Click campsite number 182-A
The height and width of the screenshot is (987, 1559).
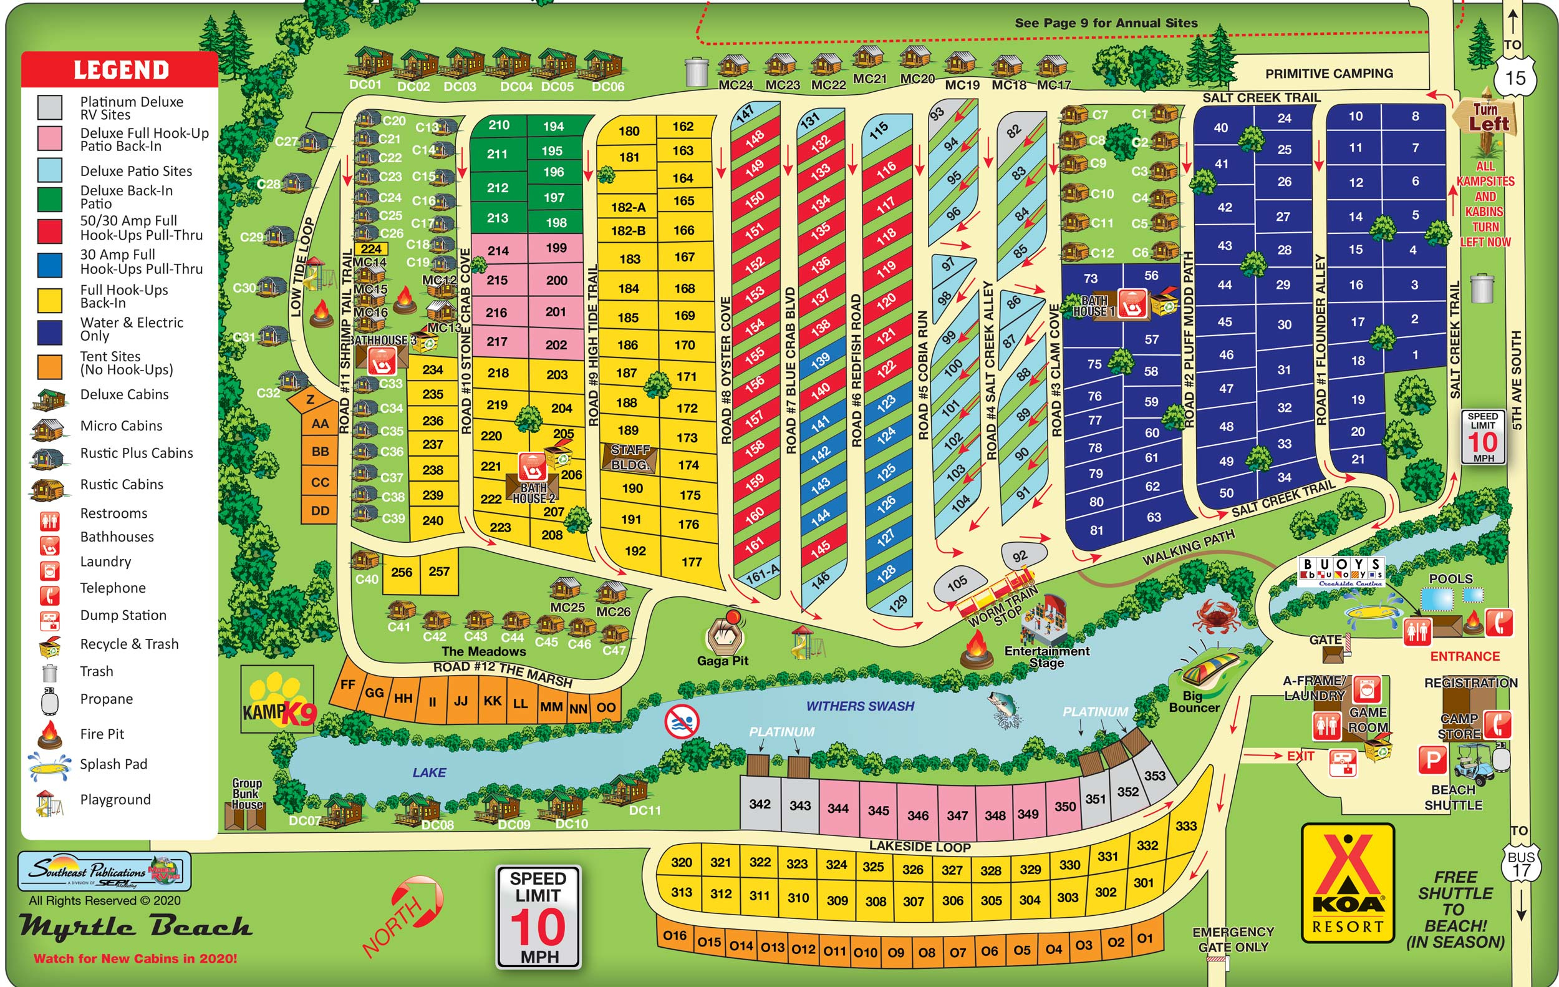click(x=628, y=207)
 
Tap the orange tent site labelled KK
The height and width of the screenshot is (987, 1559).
click(x=492, y=701)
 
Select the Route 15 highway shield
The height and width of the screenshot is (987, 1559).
click(x=1515, y=79)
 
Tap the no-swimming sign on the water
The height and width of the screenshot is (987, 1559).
click(x=682, y=721)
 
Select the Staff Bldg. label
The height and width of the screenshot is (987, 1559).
click(x=630, y=457)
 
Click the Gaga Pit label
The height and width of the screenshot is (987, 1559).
click(x=723, y=661)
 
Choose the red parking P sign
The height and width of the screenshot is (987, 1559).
click(x=1433, y=761)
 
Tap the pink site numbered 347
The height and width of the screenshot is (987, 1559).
click(x=957, y=815)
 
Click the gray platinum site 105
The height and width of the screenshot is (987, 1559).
click(x=958, y=583)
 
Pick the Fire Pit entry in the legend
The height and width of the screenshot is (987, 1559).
click(x=102, y=734)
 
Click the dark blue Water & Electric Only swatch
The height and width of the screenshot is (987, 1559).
click(x=50, y=331)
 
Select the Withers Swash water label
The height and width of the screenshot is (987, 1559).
click(x=860, y=706)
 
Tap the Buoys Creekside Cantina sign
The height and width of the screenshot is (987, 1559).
click(x=1341, y=571)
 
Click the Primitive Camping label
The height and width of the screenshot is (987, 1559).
click(x=1328, y=73)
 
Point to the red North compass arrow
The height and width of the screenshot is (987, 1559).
click(x=408, y=913)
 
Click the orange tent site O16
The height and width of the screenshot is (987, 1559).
click(x=675, y=935)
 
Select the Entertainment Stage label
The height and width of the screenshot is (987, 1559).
click(x=1046, y=656)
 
